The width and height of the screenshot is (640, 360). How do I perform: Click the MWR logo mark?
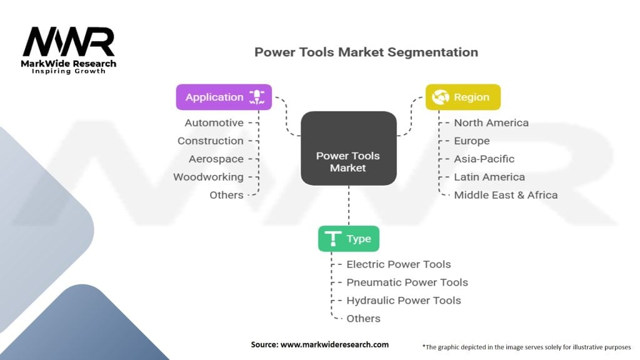[69, 42]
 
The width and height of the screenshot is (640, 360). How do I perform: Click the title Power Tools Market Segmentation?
[366, 52]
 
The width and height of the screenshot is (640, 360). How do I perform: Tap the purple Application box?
[224, 97]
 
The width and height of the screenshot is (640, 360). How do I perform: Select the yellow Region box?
[463, 97]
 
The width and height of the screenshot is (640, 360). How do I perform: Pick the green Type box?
[349, 239]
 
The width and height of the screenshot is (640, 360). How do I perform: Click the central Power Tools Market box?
[349, 149]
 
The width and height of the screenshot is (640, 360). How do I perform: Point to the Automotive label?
[214, 123]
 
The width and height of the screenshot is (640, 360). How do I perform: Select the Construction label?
[210, 141]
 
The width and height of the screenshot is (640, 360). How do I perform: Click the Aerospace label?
[216, 159]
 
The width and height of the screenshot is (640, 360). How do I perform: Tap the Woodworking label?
[208, 177]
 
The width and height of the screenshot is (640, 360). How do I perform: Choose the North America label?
[491, 123]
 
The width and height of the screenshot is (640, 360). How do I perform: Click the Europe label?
[472, 141]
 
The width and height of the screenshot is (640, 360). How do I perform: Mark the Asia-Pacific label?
[484, 159]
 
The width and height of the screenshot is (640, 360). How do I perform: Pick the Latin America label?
[489, 177]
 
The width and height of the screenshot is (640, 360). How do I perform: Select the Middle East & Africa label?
[506, 195]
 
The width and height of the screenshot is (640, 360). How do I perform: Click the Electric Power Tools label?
[399, 264]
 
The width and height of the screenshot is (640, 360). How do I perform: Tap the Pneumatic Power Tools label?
[407, 282]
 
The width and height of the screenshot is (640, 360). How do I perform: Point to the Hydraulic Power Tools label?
[404, 301]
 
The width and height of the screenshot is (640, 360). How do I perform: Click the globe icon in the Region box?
[441, 97]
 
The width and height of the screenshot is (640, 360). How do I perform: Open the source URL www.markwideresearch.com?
[334, 344]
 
